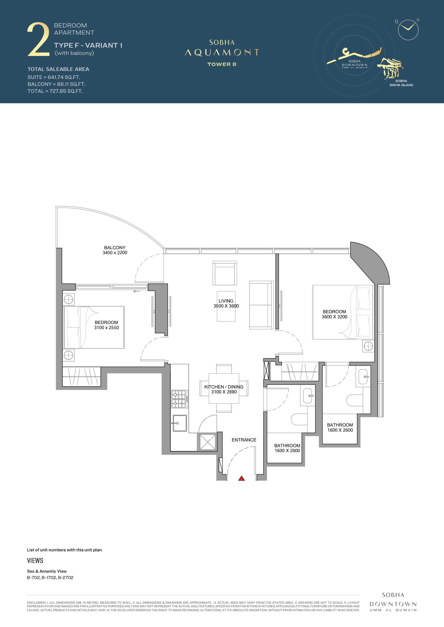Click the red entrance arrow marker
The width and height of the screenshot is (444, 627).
pos(241,478)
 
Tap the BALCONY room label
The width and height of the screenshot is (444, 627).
pos(115,247)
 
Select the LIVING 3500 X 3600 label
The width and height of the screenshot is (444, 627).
pos(226,303)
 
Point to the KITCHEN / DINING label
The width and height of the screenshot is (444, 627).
pos(224,387)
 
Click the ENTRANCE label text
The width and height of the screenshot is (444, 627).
pos(244,440)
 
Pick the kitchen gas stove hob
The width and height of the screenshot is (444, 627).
pos(179,399)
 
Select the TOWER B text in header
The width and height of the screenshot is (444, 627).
pos(222,64)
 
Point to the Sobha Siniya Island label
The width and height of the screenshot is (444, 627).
pos(401,83)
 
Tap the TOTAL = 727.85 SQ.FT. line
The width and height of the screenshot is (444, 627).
pos(55,91)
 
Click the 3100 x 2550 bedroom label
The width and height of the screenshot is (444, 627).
pos(106,327)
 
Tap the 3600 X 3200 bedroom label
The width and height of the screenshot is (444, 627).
pos(334,317)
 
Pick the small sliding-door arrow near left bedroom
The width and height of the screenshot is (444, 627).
pos(137,291)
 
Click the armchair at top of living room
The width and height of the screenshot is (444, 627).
pos(225,273)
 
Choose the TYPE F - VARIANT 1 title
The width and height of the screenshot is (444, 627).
pos(88,45)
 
